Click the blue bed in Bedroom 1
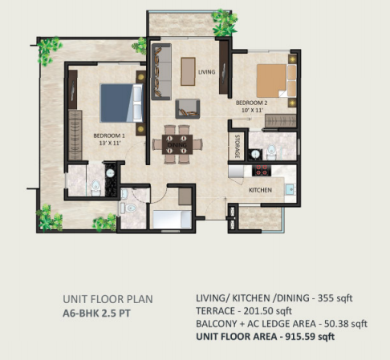click(x=121, y=103)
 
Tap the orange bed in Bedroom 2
click(x=276, y=81)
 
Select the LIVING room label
click(x=207, y=72)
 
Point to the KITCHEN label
click(x=260, y=190)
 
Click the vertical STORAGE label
click(x=237, y=146)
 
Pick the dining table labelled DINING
click(x=177, y=144)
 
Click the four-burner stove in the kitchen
click(x=262, y=170)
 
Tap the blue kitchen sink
click(x=290, y=189)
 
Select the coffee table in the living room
click(x=188, y=71)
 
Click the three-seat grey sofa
click(x=161, y=71)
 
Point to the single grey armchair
click(x=188, y=109)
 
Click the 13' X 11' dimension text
click(x=110, y=143)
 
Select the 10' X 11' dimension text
click(x=252, y=110)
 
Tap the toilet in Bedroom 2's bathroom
click(x=271, y=152)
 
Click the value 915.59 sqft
click(x=310, y=336)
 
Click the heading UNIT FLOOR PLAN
click(x=108, y=299)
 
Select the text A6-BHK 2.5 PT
click(x=96, y=313)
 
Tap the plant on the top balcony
click(x=225, y=22)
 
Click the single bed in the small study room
click(x=172, y=220)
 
